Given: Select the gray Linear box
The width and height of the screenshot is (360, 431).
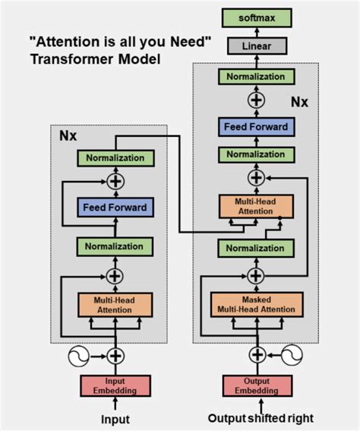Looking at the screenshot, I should (256, 46).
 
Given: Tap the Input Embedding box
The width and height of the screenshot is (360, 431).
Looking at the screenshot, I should (115, 385).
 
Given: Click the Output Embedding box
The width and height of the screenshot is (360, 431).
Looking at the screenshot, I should (256, 385).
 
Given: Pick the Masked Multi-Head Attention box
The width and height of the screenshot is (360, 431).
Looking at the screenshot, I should (256, 304).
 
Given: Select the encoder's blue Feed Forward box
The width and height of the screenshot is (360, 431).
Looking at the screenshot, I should (115, 206).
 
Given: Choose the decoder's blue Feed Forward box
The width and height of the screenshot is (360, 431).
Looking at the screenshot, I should (256, 127).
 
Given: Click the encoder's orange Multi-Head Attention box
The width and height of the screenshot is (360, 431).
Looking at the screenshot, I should (115, 304).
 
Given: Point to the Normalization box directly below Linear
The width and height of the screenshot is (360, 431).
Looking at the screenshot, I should (256, 76).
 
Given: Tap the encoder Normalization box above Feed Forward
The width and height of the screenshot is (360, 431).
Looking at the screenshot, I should (115, 158).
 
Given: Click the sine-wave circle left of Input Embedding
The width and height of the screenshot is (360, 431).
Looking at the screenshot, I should (81, 355).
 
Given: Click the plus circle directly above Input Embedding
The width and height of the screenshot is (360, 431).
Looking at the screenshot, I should (115, 355).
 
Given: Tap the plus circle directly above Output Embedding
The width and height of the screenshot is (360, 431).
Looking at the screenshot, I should (256, 355).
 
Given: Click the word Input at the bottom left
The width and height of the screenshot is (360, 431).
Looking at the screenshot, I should (115, 419).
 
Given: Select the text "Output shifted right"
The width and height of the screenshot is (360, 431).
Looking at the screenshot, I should (261, 419).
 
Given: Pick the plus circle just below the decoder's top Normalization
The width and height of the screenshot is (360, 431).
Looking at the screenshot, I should (256, 101).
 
